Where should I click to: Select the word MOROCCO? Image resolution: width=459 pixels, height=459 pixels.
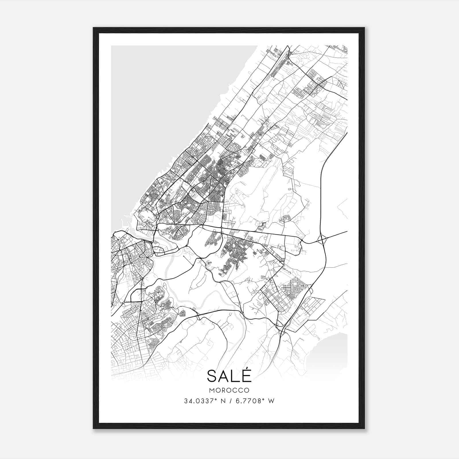229,390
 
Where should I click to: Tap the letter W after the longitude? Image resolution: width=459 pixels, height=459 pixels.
272,401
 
